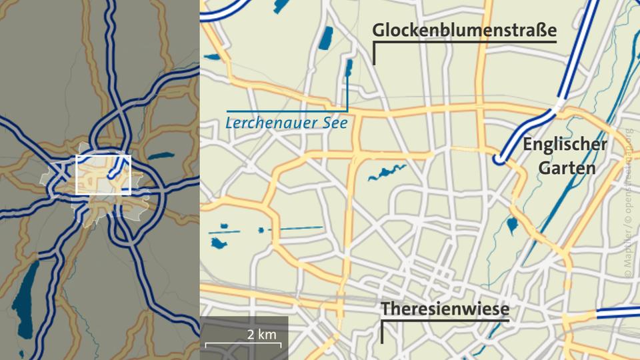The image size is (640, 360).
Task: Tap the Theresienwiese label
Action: click(x=445, y=309)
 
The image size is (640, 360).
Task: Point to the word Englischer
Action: click(x=565, y=144)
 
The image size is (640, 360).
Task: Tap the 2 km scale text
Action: click(x=261, y=334)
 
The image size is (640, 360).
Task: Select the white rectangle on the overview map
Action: click(x=103, y=175)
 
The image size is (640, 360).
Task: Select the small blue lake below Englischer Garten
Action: click(x=512, y=225)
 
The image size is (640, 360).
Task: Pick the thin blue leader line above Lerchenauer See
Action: click(x=287, y=110)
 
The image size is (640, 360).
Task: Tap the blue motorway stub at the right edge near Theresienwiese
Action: click(x=617, y=312)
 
